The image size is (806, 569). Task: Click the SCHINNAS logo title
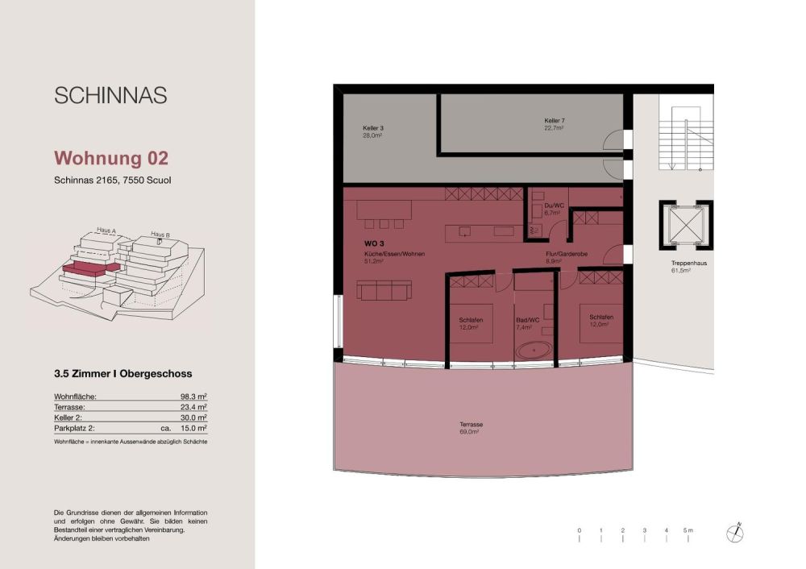(x=110, y=95)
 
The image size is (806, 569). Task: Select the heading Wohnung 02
(x=111, y=157)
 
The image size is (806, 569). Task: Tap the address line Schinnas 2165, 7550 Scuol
(x=112, y=180)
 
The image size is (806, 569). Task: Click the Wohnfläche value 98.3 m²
(x=194, y=397)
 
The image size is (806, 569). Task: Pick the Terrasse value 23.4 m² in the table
(x=194, y=408)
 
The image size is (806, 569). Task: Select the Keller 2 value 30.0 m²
(x=194, y=418)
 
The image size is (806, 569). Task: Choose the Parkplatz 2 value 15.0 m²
(x=194, y=430)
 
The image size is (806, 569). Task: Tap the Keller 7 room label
(x=554, y=123)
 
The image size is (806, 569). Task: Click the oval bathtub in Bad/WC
(x=534, y=351)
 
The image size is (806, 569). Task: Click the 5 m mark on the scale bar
(x=688, y=530)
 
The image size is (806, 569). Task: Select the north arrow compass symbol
(x=737, y=532)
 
